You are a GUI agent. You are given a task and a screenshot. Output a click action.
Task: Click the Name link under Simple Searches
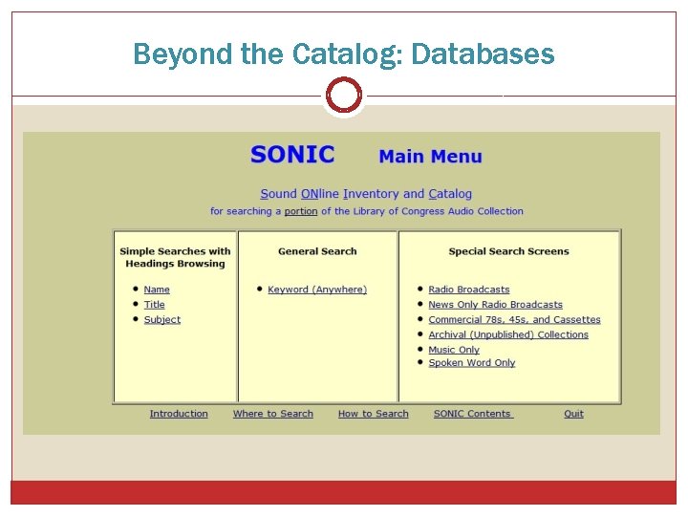(x=157, y=290)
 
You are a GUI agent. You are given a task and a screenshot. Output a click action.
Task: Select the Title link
(x=155, y=305)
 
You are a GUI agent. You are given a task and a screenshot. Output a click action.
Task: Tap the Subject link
(x=162, y=320)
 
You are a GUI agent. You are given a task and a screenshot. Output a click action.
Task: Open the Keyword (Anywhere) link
(x=317, y=290)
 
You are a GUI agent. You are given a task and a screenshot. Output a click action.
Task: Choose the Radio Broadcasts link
(x=469, y=290)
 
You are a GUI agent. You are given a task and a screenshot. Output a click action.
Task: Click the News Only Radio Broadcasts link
(x=495, y=305)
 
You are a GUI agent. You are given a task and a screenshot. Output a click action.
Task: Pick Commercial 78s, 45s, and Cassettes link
(x=514, y=320)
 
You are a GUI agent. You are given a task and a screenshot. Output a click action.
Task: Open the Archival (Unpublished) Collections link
(x=508, y=335)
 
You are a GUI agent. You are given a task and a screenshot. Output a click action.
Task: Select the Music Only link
(x=454, y=350)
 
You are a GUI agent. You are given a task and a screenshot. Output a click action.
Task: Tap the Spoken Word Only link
(x=472, y=363)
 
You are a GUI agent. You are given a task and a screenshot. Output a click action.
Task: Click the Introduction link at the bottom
(x=179, y=414)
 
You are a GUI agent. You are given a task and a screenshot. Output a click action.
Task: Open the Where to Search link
(x=273, y=414)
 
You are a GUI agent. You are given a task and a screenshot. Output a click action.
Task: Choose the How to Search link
(x=373, y=414)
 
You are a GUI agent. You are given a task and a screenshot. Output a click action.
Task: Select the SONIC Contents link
(x=473, y=414)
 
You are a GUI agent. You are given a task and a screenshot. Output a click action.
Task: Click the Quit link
(x=573, y=414)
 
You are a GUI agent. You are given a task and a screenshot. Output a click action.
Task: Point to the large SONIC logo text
(x=292, y=155)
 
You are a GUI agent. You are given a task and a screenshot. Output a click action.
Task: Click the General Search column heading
(x=317, y=251)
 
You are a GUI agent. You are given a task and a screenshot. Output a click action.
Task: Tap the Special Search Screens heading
(x=508, y=251)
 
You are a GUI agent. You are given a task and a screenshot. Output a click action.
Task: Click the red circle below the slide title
(x=343, y=96)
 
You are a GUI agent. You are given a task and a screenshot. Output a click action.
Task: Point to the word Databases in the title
(x=483, y=54)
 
